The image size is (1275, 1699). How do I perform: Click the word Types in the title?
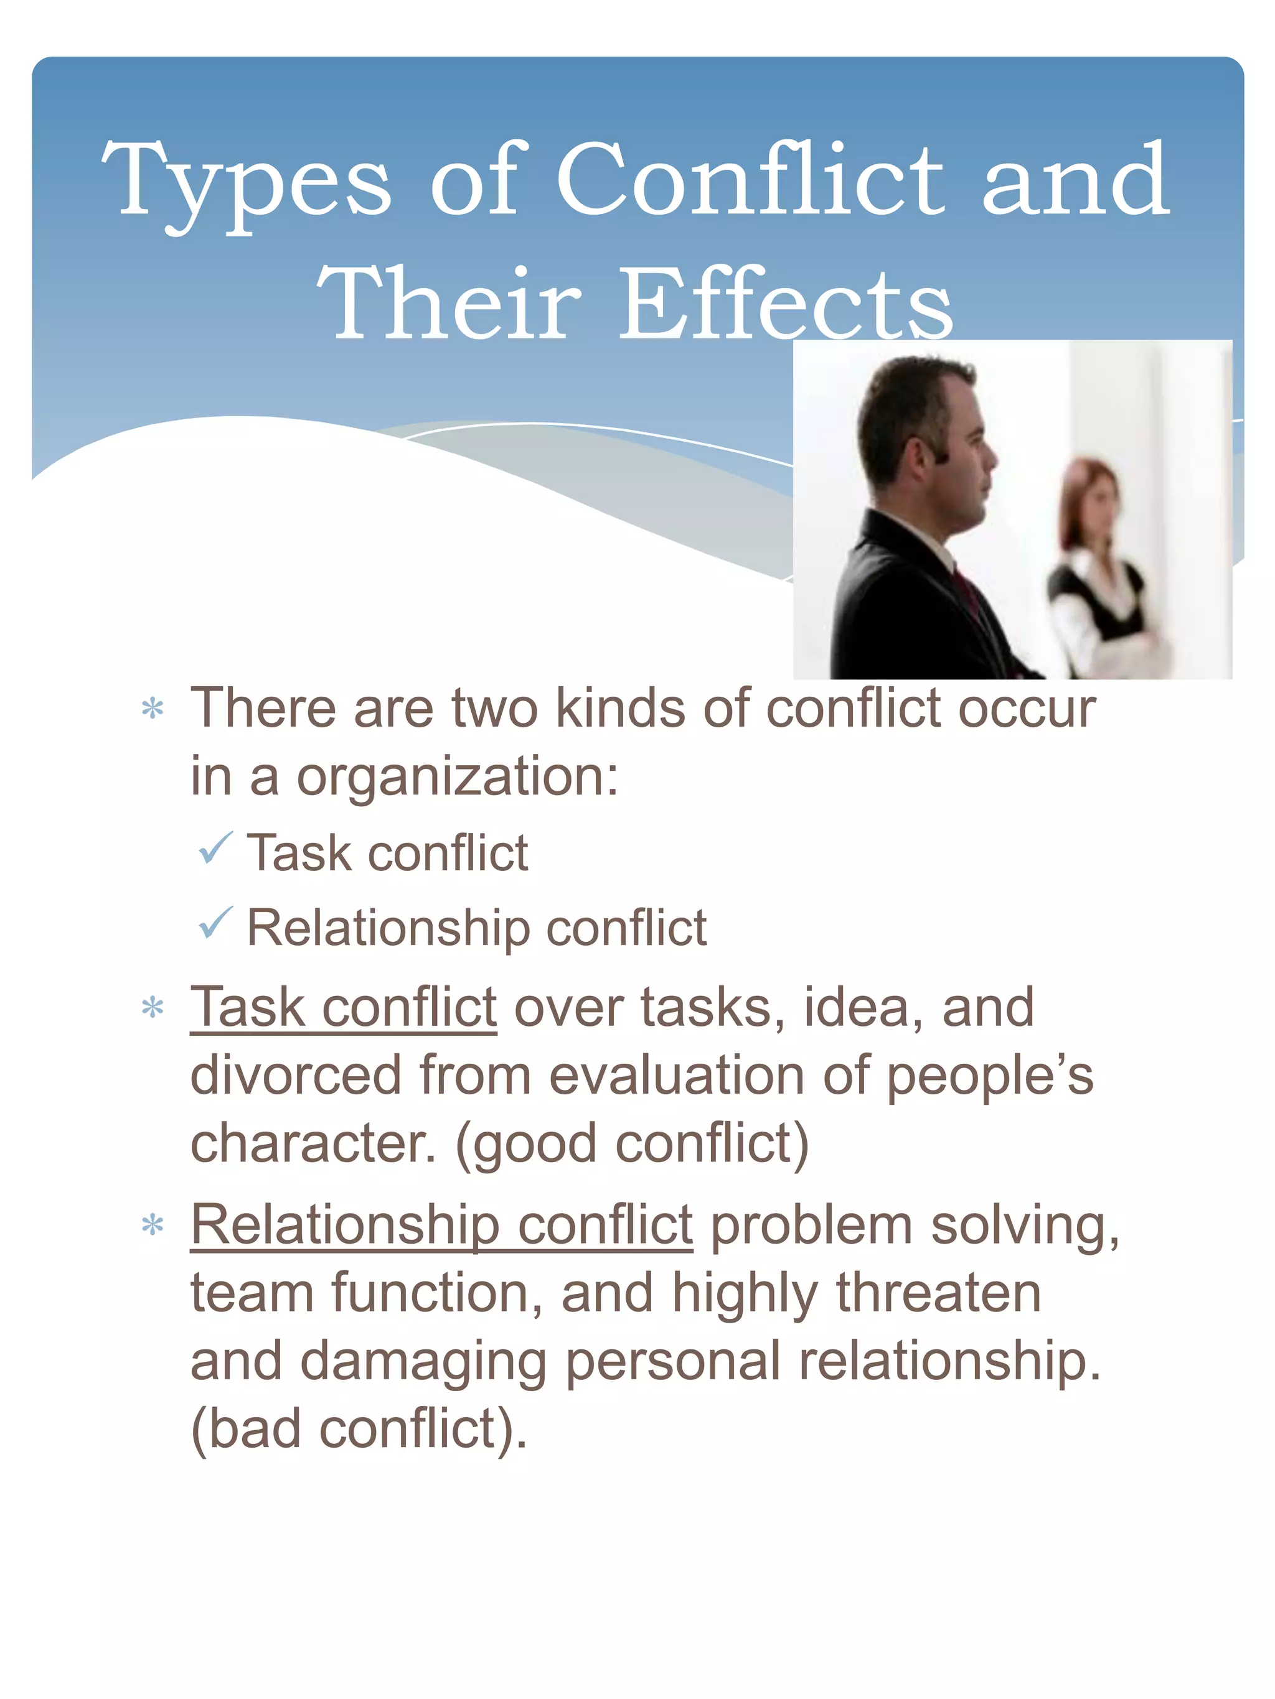(246, 180)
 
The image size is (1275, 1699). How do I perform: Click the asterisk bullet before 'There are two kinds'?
(153, 709)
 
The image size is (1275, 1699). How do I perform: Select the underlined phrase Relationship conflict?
(441, 1224)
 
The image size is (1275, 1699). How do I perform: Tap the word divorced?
(296, 1074)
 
